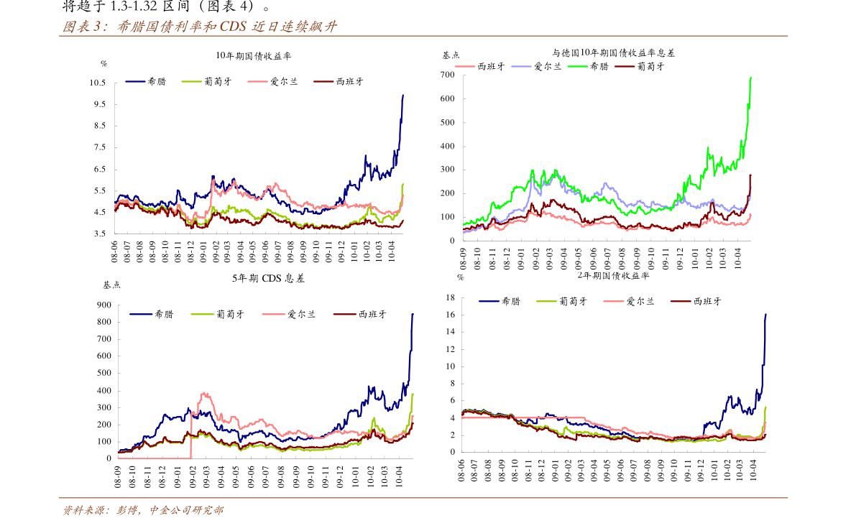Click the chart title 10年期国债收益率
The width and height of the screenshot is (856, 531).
pyautogui.click(x=254, y=55)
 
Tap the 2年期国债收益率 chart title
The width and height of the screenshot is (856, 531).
pyautogui.click(x=613, y=275)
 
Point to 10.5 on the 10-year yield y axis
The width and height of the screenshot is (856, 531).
pyautogui.click(x=98, y=83)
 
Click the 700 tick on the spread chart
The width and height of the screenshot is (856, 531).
pyautogui.click(x=447, y=75)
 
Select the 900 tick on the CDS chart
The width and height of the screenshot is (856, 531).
pyautogui.click(x=104, y=305)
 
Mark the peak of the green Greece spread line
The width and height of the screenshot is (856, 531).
pyautogui.click(x=750, y=78)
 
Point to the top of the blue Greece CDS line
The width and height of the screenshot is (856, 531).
pyautogui.click(x=413, y=313)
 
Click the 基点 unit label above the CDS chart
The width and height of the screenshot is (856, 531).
pyautogui.click(x=111, y=285)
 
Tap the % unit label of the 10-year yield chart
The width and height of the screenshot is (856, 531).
pyautogui.click(x=103, y=63)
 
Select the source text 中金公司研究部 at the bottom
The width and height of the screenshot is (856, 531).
pyautogui.click(x=186, y=511)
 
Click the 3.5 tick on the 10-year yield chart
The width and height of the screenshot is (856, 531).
pyautogui.click(x=100, y=234)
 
